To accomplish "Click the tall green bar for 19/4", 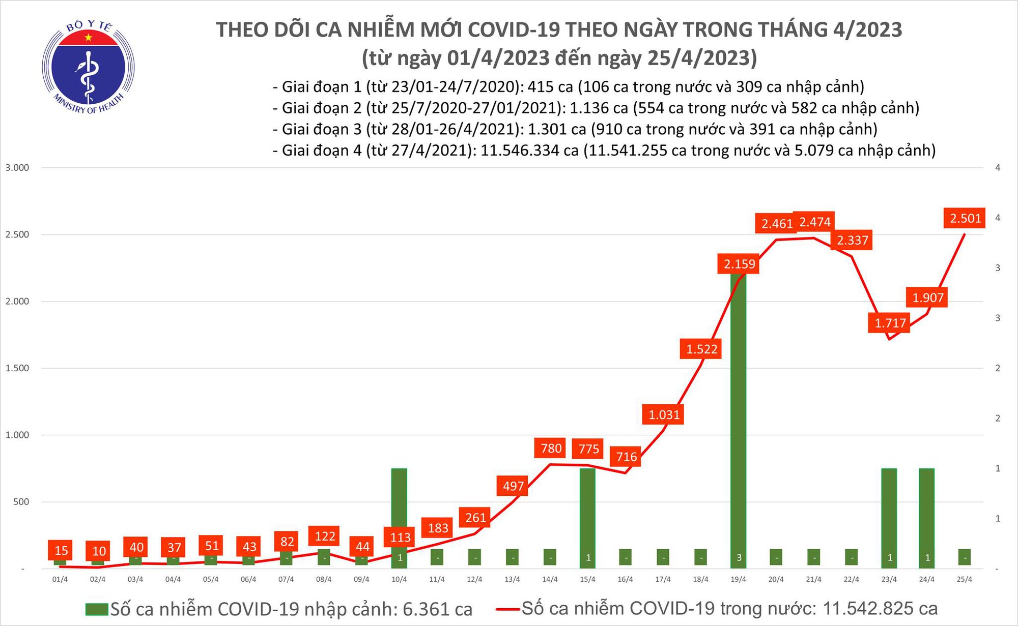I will click(739, 417).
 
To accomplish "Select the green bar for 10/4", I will click(400, 514).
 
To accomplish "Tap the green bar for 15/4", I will click(588, 514).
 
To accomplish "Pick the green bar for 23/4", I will click(889, 514).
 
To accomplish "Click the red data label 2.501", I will click(965, 219).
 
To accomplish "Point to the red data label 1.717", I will click(890, 323).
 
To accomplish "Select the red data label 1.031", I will click(664, 415).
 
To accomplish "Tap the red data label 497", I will click(513, 486).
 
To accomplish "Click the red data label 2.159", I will click(739, 264).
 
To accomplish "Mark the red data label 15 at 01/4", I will click(61, 550).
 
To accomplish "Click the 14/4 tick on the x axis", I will click(550, 580).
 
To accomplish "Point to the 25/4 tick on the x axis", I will click(965, 580).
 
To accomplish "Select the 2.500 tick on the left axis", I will click(17, 235).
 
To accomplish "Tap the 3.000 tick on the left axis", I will click(17, 168).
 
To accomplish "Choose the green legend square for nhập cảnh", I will click(97, 609).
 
